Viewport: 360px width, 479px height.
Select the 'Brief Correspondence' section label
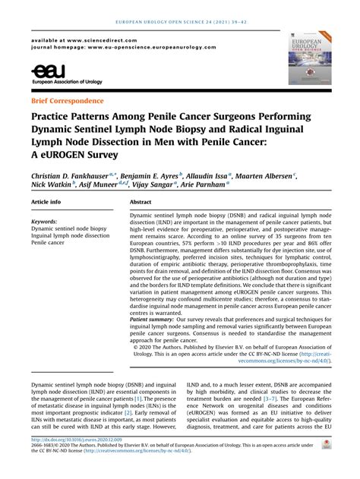tap(68, 100)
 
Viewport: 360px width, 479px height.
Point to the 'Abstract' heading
tap(141, 203)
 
